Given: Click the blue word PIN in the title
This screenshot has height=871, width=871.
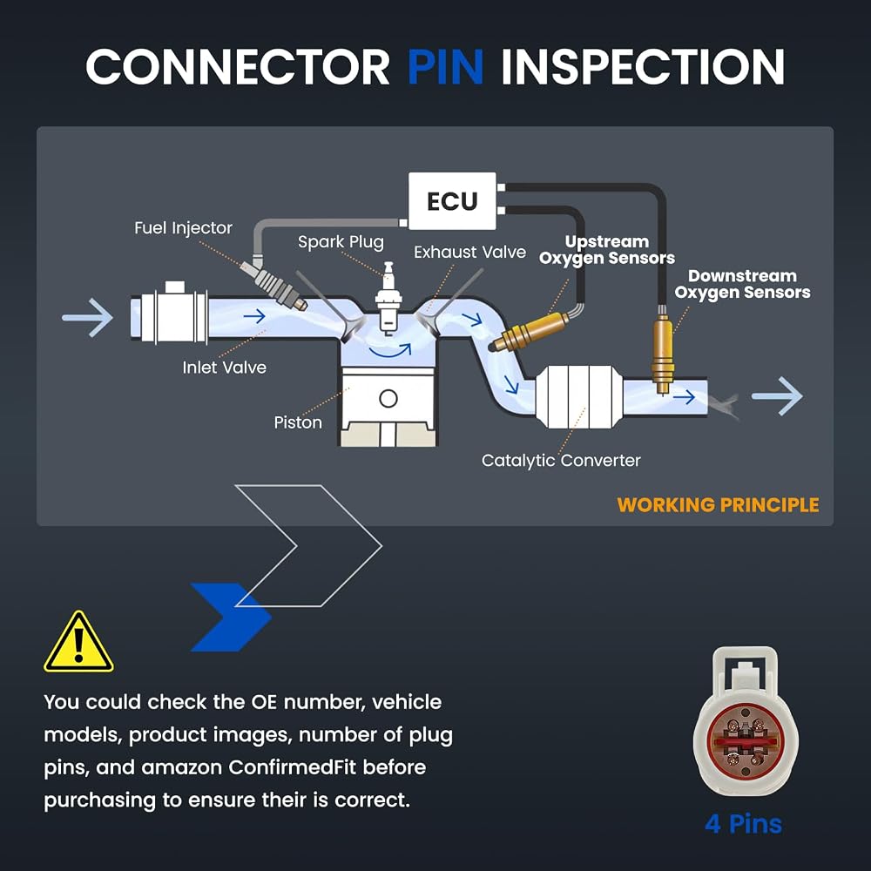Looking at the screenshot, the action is click(445, 66).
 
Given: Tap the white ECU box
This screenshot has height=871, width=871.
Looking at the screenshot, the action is click(452, 200).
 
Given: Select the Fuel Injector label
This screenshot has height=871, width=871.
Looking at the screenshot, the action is click(183, 227).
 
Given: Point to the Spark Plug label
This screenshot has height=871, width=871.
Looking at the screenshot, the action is click(341, 242).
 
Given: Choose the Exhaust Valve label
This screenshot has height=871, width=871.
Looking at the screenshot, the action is click(470, 253).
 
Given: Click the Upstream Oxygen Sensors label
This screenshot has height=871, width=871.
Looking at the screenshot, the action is click(607, 250).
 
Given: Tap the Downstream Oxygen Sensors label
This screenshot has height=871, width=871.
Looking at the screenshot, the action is click(743, 284).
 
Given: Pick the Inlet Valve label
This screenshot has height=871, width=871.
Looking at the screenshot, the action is click(225, 368).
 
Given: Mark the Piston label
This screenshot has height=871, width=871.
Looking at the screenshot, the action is click(298, 422).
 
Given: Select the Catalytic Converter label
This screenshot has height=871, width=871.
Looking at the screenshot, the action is click(561, 461).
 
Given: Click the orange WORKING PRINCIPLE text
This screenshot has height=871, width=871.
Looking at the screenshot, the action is click(719, 505).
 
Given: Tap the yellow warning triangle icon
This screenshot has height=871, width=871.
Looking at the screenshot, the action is click(79, 644).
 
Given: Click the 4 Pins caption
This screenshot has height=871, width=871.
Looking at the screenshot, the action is click(743, 824).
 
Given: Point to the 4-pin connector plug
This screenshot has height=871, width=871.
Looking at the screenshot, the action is click(746, 722).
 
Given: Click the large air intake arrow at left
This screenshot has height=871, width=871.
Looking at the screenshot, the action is click(88, 318).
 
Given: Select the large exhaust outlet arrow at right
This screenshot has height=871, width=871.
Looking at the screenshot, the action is click(777, 396).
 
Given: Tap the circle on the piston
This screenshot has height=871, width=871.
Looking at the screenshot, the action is click(388, 398).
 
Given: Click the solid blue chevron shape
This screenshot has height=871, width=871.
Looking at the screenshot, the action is click(231, 618).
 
